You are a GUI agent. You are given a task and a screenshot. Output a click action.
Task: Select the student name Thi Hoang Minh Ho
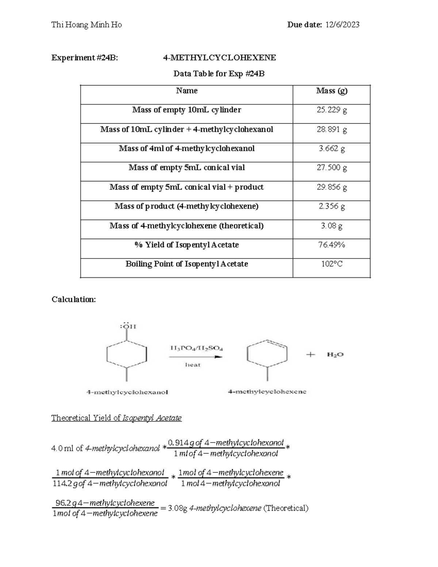point(87,25)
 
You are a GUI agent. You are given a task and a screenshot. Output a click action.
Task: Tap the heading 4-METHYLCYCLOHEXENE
point(219,58)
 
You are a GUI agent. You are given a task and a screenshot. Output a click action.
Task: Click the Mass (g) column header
point(331,91)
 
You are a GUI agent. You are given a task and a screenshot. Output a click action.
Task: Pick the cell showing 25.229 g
point(331,110)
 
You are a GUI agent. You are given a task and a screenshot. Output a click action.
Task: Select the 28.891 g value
point(331,129)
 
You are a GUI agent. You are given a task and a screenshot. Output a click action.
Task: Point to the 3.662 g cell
point(331,149)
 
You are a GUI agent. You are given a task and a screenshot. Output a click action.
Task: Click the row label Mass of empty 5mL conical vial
point(187,168)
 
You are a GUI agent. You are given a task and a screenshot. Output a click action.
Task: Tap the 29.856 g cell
point(331,187)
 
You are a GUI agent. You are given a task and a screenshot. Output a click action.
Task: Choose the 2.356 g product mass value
point(331,206)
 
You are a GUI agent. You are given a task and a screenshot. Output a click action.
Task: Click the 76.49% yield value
point(331,245)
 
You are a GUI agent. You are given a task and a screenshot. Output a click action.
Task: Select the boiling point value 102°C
point(331,264)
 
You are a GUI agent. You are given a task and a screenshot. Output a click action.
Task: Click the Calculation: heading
point(74,299)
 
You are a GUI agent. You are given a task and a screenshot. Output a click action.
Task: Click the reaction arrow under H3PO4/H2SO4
point(196,357)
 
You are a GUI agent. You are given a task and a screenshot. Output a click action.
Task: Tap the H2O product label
point(335,355)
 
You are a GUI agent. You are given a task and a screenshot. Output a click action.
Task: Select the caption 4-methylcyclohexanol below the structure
point(127,392)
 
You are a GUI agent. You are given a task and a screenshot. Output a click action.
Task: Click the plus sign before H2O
point(310,355)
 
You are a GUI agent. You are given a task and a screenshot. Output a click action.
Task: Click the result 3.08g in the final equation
point(177,508)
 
